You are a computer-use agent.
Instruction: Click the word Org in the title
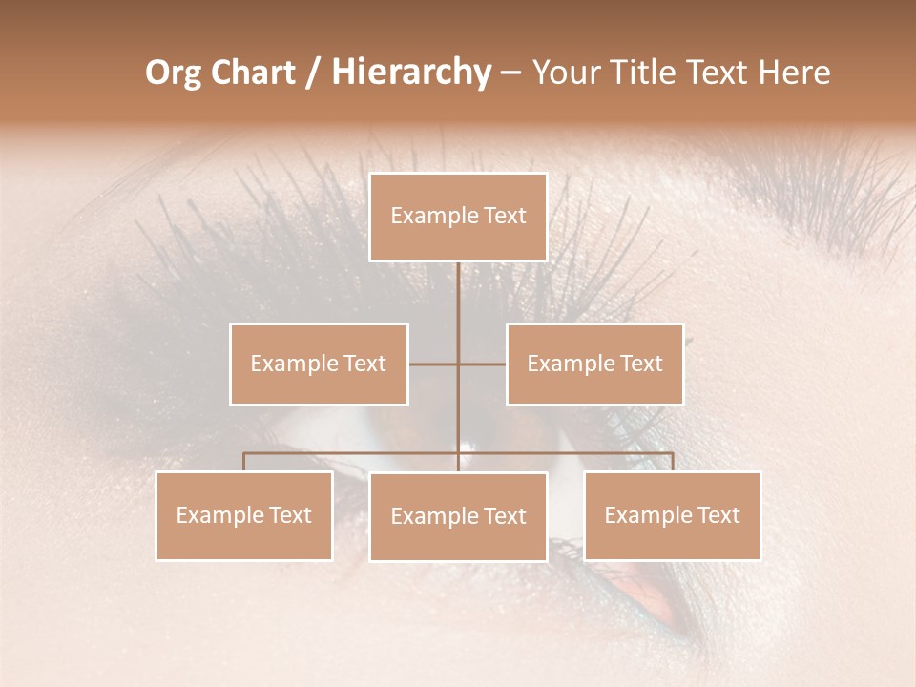[174, 73]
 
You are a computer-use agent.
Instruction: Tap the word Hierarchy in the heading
[410, 73]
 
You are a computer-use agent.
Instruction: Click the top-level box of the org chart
[458, 217]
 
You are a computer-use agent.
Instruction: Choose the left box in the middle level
[319, 364]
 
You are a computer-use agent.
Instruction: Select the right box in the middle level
[595, 364]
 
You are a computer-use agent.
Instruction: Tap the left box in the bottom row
[244, 515]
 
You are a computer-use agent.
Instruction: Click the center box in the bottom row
[458, 516]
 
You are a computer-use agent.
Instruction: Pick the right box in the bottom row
[673, 515]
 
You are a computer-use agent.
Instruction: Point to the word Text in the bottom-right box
[718, 515]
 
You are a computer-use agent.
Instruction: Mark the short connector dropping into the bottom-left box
[244, 462]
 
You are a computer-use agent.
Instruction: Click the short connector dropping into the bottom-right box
[673, 462]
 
